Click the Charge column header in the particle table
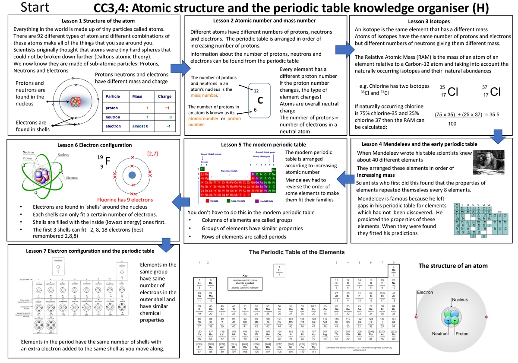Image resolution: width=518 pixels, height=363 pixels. click(x=164, y=96)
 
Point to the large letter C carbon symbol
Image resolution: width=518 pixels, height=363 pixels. click(x=260, y=100)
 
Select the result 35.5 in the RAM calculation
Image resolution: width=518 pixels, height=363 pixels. click(x=492, y=114)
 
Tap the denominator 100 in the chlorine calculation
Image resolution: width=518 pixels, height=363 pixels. click(x=452, y=124)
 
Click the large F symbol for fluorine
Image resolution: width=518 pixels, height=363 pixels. click(x=108, y=161)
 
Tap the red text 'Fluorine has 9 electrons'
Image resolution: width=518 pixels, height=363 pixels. click(x=125, y=200)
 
